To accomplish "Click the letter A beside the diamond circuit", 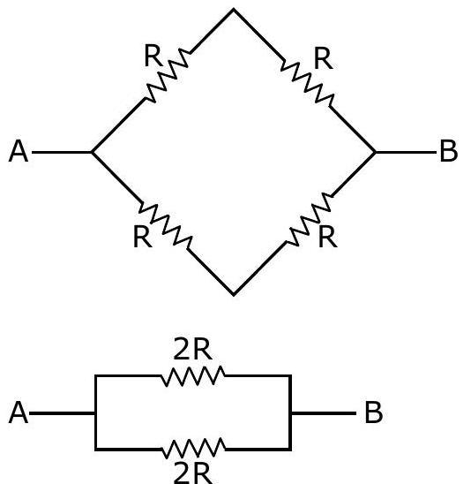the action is pos(19,151).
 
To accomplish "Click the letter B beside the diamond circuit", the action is pos(448,151).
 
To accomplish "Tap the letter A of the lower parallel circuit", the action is pos(19,412).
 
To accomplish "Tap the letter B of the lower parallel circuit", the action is pos(374,412).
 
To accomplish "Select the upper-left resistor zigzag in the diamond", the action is pos(168,75).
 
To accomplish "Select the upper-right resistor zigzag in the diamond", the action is pos(307,82).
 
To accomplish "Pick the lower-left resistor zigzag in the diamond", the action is pos(166,224).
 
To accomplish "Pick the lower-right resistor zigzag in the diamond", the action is pos(310,219).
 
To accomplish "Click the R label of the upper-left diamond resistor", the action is pos(153,56).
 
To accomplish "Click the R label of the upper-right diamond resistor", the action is pos(324,58).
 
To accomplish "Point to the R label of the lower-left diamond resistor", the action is pos(142,237).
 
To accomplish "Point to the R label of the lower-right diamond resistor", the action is pos(327,237).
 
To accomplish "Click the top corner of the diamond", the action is pos(234,10).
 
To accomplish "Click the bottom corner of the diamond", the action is pos(234,294).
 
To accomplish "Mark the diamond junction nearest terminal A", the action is pos(92,152).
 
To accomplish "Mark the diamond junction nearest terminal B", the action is pos(375,152).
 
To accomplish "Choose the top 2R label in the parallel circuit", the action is pos(193,349).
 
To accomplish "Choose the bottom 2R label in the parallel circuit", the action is pos(193,473).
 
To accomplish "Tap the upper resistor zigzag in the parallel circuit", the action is pos(193,376).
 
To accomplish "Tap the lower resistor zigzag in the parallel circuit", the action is pos(193,448).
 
